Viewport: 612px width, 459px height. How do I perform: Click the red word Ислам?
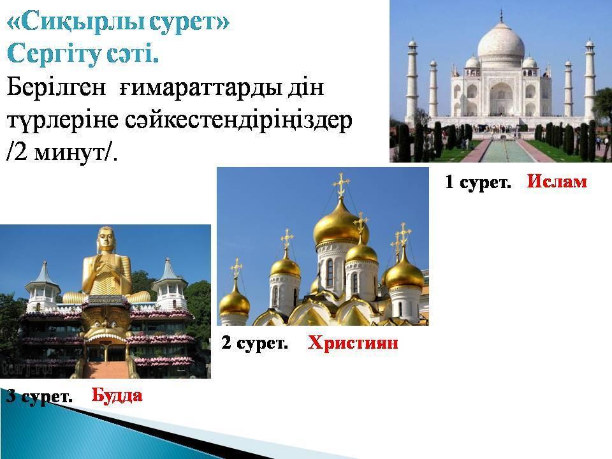[x=557, y=182]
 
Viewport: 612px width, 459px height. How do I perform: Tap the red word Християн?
[x=353, y=343]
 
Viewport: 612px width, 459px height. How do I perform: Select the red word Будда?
[x=117, y=395]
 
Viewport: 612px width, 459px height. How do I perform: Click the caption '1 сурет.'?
[x=478, y=182]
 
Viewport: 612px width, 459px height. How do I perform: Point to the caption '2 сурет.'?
[x=254, y=343]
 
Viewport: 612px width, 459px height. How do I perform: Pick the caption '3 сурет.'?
[x=40, y=396]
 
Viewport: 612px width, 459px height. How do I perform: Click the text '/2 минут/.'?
[x=62, y=152]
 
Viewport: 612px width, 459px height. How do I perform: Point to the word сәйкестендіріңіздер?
[x=238, y=120]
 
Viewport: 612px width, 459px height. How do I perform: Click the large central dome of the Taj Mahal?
[x=501, y=41]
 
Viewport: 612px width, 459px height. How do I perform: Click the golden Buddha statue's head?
[x=105, y=238]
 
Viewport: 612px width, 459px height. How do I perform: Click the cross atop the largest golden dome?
[x=340, y=185]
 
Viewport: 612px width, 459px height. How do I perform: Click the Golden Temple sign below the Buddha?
[x=105, y=300]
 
